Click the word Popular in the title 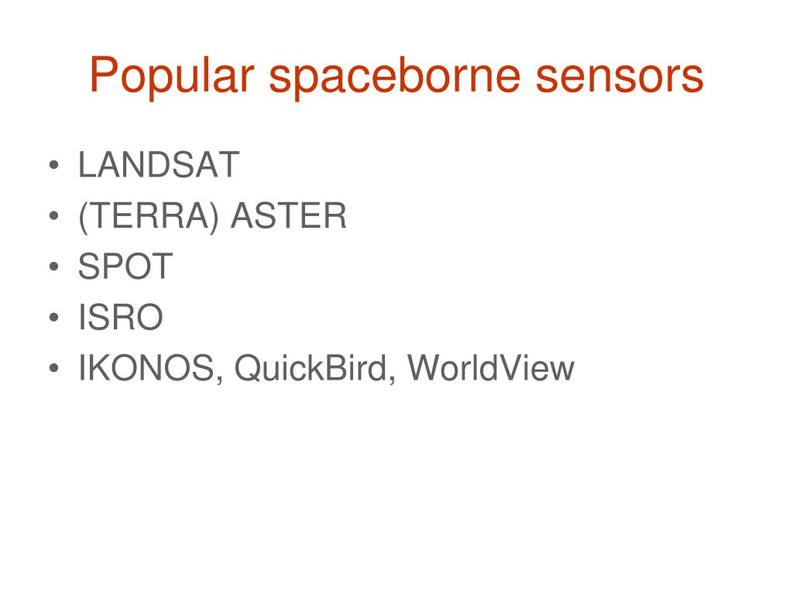tap(171, 77)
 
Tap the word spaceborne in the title tap(394, 77)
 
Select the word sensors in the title tap(620, 77)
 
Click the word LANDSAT tap(158, 164)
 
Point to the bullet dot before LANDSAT tap(54, 165)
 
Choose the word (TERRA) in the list tap(149, 217)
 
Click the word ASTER tap(288, 215)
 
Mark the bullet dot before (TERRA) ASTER tap(54, 216)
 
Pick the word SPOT tap(125, 267)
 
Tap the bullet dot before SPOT tap(54, 267)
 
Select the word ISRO tap(120, 317)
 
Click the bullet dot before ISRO tap(54, 318)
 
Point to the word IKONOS tap(146, 368)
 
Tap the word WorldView tap(490, 368)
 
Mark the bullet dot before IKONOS tap(54, 368)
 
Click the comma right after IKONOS tap(219, 381)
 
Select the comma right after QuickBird tap(392, 381)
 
